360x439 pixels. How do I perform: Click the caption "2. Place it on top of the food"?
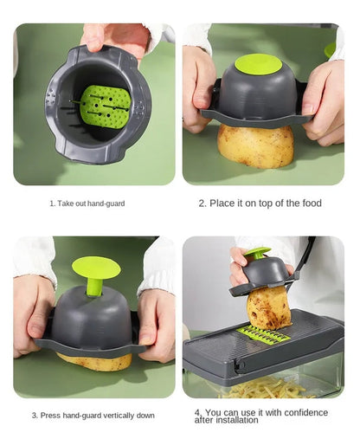(260, 203)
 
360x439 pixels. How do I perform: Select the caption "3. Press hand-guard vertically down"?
(93, 416)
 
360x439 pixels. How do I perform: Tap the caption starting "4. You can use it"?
(263, 416)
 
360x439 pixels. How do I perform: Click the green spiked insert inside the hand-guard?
(105, 106)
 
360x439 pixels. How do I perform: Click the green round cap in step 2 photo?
(258, 65)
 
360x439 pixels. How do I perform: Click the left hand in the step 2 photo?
(197, 95)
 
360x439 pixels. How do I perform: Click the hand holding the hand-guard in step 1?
(117, 36)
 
